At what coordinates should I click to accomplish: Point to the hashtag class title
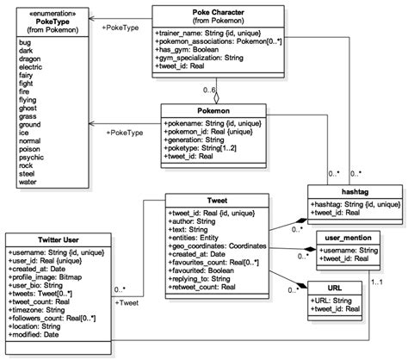click(x=355, y=192)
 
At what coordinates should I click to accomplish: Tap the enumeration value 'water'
click(x=31, y=182)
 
